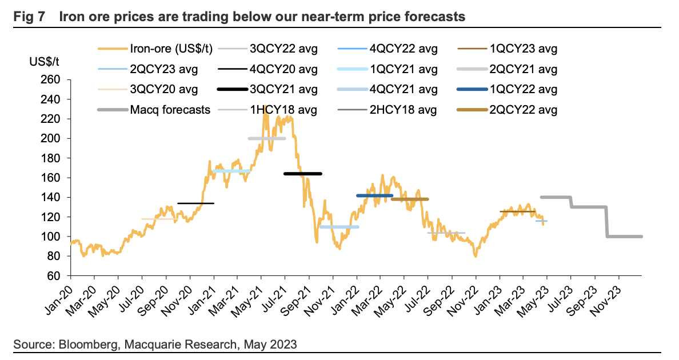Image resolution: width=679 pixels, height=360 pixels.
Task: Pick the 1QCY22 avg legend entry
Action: [x=524, y=89]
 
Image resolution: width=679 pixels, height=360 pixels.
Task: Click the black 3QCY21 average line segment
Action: [x=303, y=174]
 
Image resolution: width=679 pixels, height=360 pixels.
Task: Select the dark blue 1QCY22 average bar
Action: [x=374, y=195]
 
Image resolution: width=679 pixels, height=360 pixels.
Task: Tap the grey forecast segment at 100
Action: [x=624, y=237]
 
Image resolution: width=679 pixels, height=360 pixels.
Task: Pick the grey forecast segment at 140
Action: [x=556, y=197]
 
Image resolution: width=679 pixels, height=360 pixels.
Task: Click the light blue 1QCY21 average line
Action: [x=230, y=171]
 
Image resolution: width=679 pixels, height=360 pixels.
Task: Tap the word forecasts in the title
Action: [x=432, y=17]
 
